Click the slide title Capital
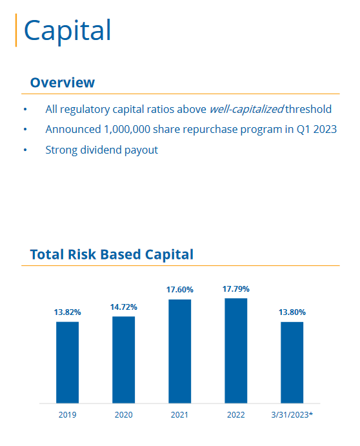(67, 30)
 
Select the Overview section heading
(62, 83)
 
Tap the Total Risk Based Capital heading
(112, 254)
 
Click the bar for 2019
(67, 362)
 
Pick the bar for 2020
(123, 360)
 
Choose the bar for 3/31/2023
(292, 362)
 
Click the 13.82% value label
(67, 312)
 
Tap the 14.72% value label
(123, 307)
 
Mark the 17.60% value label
(179, 290)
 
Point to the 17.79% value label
(235, 289)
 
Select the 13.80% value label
(292, 312)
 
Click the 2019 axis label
(67, 414)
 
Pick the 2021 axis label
(179, 414)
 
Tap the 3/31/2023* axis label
(292, 414)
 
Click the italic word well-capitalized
(246, 110)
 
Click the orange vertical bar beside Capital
(15, 30)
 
